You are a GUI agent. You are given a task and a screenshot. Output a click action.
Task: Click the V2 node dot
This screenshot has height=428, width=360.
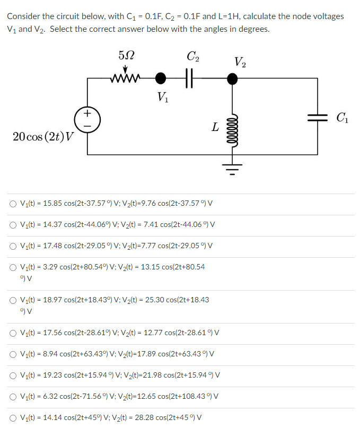click(x=232, y=79)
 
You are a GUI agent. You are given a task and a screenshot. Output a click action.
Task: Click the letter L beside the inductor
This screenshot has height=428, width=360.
click(x=214, y=127)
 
